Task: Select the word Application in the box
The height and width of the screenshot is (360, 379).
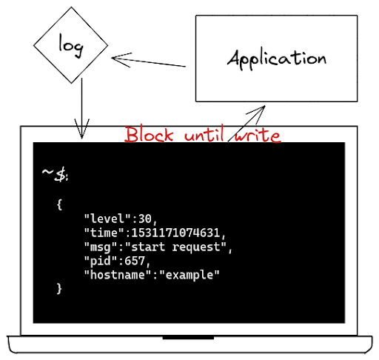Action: (277, 59)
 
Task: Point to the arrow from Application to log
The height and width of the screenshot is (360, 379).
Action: (148, 61)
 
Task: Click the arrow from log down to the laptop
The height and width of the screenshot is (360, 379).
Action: (81, 108)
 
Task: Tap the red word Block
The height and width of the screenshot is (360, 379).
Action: (149, 135)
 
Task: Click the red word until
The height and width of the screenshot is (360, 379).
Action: (204, 133)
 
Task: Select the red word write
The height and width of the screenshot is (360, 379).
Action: (258, 135)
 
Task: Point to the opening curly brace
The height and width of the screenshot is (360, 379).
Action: (59, 204)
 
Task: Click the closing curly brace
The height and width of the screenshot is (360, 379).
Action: (59, 288)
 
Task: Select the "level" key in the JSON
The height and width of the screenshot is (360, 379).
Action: (107, 219)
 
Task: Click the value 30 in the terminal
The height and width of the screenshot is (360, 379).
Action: (145, 219)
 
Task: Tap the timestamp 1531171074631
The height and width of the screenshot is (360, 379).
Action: (175, 233)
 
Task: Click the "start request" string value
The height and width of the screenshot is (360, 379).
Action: (175, 247)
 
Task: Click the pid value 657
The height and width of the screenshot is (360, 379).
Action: (135, 261)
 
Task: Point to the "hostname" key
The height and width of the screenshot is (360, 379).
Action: (118, 275)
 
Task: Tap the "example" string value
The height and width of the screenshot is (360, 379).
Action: (189, 275)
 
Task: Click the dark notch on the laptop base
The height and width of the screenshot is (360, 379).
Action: (188, 338)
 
